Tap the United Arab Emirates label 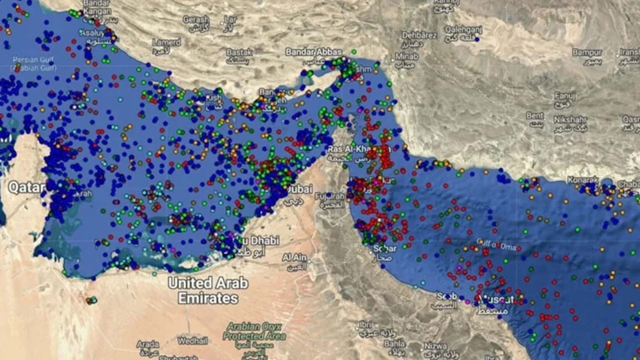click(208, 290)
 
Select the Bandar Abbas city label click(313, 51)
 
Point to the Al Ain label click(294, 257)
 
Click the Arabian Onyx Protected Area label click(254, 331)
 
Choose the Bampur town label click(587, 52)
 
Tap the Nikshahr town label click(570, 120)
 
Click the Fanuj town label click(565, 96)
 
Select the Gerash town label click(195, 19)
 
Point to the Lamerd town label click(166, 42)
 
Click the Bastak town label click(239, 52)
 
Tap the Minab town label click(406, 56)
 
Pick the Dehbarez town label click(419, 35)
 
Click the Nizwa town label click(435, 346)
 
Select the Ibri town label click(364, 324)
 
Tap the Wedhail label click(192, 341)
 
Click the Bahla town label click(394, 343)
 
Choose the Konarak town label click(582, 179)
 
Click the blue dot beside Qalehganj click(477, 38)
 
